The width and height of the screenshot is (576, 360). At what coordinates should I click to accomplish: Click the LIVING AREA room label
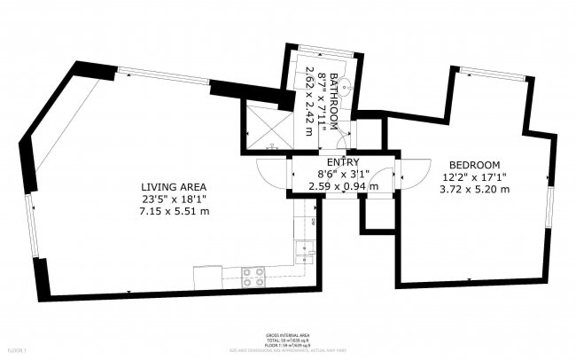point(174,186)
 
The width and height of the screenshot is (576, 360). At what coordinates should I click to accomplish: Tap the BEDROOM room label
point(474,165)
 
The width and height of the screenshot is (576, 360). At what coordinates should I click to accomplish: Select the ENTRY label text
point(343,162)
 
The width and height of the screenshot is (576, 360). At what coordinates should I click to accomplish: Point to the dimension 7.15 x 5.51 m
point(174,212)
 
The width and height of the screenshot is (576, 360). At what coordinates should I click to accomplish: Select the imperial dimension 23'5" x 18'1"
point(174,200)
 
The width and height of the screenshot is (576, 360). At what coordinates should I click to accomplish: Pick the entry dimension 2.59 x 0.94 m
point(343,186)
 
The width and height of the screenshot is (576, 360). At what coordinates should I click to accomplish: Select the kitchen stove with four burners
point(254,277)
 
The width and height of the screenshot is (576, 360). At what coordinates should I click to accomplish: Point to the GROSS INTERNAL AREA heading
point(287,336)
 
